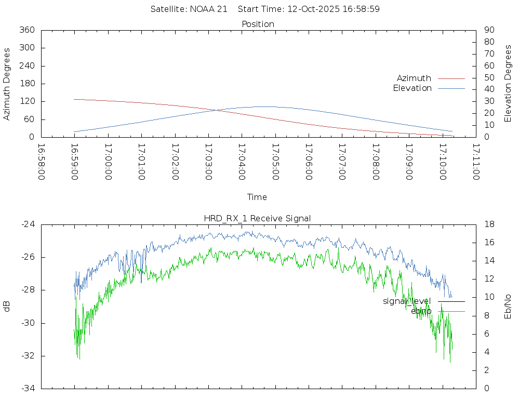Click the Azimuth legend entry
click(x=414, y=78)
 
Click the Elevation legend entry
click(x=413, y=88)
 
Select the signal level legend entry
click(x=407, y=301)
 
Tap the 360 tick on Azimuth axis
click(x=26, y=30)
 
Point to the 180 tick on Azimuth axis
click(x=26, y=84)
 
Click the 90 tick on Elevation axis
click(x=488, y=30)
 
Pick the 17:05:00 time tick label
click(x=275, y=162)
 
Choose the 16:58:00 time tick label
click(x=41, y=162)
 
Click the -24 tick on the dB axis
click(x=28, y=224)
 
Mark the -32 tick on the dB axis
click(x=28, y=356)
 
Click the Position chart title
click(x=258, y=24)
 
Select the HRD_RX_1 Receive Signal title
click(x=257, y=219)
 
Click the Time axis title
click(x=257, y=197)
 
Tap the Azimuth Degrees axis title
click(x=7, y=84)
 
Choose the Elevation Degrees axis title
click(x=508, y=84)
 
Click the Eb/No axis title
click(x=508, y=306)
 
